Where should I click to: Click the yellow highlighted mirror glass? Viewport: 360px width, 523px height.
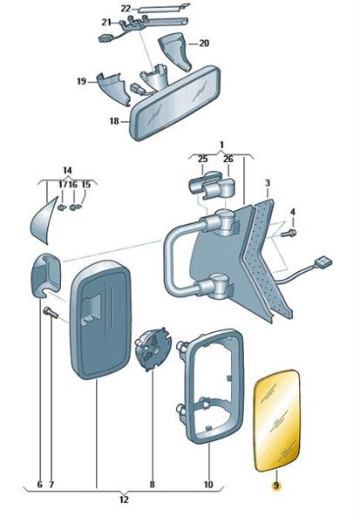(x=277, y=420)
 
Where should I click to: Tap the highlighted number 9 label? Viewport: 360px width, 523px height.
(x=276, y=486)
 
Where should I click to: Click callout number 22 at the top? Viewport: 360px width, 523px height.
(x=126, y=9)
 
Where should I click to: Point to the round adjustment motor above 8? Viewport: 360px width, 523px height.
(x=153, y=349)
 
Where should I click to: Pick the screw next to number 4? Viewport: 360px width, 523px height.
(x=289, y=233)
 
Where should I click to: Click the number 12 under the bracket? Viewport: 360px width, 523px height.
(x=124, y=499)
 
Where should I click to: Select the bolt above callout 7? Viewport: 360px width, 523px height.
(x=51, y=313)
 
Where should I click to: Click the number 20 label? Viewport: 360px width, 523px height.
(x=204, y=44)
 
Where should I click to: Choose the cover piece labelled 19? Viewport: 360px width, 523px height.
(x=113, y=88)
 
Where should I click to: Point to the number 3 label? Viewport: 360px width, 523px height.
(x=268, y=183)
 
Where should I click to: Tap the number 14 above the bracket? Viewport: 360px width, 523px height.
(x=67, y=171)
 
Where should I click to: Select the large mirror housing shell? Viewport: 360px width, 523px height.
(x=100, y=320)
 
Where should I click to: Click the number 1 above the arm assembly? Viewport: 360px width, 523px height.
(x=221, y=145)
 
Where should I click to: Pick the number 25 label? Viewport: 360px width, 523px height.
(x=202, y=160)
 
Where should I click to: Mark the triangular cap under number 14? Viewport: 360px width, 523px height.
(x=44, y=221)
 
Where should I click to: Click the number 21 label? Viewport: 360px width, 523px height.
(x=106, y=23)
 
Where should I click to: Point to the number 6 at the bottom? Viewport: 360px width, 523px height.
(x=40, y=484)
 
